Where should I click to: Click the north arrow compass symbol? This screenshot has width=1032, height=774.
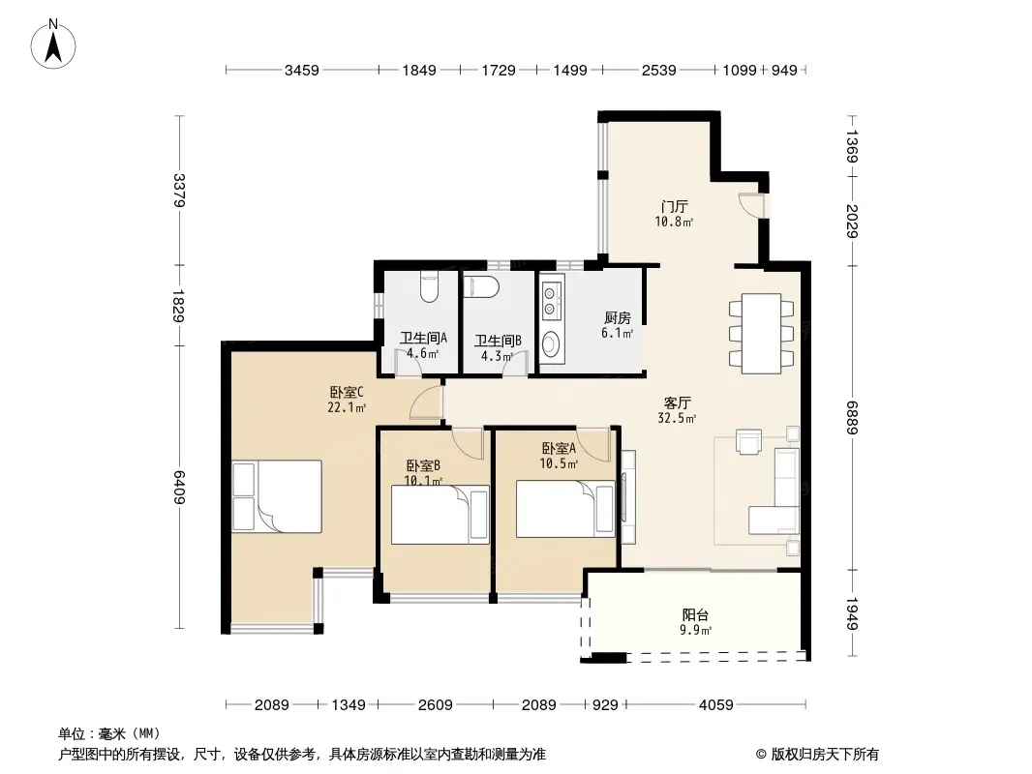pyautogui.click(x=53, y=45)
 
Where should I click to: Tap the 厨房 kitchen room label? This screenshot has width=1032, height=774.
pyautogui.click(x=618, y=318)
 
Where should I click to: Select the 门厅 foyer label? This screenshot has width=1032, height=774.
pyautogui.click(x=674, y=206)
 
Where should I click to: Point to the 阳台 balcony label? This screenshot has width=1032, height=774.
pyautogui.click(x=695, y=615)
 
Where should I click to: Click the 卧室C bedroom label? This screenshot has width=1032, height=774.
pyautogui.click(x=347, y=393)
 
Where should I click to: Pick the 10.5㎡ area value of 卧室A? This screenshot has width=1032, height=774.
pyautogui.click(x=559, y=463)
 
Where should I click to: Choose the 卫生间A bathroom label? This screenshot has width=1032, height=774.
pyautogui.click(x=423, y=338)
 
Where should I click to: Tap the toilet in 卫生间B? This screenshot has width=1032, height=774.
pyautogui.click(x=481, y=287)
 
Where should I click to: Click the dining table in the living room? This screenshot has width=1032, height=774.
pyautogui.click(x=762, y=334)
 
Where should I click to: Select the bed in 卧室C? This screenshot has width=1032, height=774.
pyautogui.click(x=277, y=495)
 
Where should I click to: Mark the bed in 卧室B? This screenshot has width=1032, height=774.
pyautogui.click(x=440, y=515)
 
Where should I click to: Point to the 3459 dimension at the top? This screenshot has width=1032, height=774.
pyautogui.click(x=301, y=70)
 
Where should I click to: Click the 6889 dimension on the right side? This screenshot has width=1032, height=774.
pyautogui.click(x=852, y=418)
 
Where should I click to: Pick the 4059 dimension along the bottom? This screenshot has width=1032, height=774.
pyautogui.click(x=715, y=705)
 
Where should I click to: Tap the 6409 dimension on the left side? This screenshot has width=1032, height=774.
pyautogui.click(x=179, y=488)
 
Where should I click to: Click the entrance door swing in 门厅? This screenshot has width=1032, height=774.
pyautogui.click(x=751, y=204)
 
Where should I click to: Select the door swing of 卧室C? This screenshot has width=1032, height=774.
pyautogui.click(x=426, y=402)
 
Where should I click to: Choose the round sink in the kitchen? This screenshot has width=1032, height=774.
pyautogui.click(x=551, y=342)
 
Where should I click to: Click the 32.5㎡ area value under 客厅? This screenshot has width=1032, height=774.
pyautogui.click(x=677, y=418)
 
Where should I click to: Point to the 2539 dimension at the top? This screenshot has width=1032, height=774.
pyautogui.click(x=659, y=70)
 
